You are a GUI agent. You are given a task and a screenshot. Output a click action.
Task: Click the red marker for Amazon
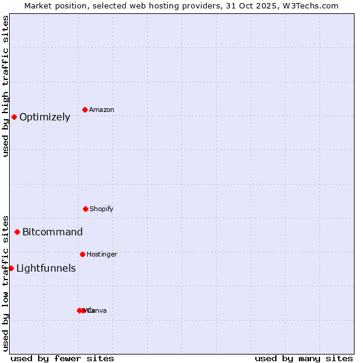(x=85, y=110)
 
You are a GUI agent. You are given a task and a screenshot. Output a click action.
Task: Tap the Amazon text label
(x=102, y=110)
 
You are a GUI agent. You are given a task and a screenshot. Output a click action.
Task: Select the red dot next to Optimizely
(x=14, y=117)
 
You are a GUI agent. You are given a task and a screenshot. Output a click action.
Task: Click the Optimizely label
(x=45, y=117)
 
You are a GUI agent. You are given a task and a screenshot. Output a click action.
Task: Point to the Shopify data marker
(x=85, y=209)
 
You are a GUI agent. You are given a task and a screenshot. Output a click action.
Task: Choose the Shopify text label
(x=102, y=209)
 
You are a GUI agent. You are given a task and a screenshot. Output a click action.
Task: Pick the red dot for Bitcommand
(x=17, y=232)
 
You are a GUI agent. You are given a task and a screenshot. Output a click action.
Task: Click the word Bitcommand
(x=53, y=232)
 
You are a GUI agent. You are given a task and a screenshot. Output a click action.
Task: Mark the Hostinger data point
(x=82, y=254)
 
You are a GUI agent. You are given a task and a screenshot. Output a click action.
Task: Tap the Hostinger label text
(x=102, y=255)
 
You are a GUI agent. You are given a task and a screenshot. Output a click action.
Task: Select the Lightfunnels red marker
(x=11, y=268)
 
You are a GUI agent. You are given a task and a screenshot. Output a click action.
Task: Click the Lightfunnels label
(x=46, y=269)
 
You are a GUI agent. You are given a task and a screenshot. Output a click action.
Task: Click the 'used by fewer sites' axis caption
(x=62, y=358)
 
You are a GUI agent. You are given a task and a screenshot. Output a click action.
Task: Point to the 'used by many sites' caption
(x=304, y=358)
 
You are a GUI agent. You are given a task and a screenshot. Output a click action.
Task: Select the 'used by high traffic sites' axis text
(x=6, y=86)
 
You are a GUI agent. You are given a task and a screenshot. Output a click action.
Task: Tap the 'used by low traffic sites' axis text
(x=6, y=283)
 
